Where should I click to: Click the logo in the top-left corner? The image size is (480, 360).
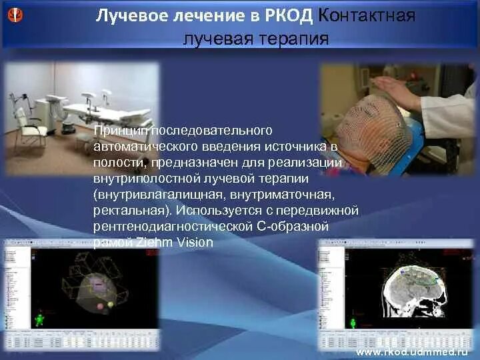tap(15, 14)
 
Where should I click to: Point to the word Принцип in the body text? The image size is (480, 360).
tap(117, 128)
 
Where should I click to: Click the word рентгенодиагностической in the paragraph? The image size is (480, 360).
tap(173, 227)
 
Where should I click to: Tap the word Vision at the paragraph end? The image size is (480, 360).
tap(195, 243)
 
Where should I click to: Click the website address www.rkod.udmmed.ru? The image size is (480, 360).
tap(413, 351)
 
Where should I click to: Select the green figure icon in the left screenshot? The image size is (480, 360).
tap(39, 320)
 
